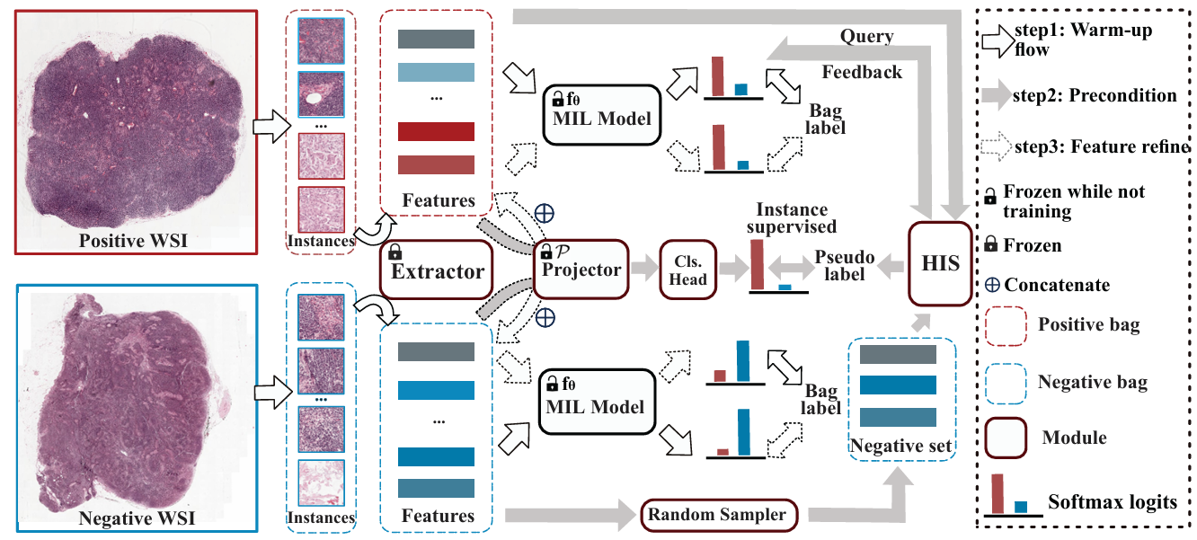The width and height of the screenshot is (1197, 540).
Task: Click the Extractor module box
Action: (438, 270)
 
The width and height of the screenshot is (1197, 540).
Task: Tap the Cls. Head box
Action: (687, 269)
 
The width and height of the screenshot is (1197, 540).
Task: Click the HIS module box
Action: (942, 263)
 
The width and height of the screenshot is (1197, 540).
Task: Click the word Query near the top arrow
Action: (866, 37)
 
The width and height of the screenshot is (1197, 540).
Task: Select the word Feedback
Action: (862, 71)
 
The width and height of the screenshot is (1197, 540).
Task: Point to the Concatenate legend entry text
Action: (1057, 285)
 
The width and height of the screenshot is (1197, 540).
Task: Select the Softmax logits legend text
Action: (1113, 501)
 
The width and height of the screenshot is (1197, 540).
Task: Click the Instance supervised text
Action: (796, 218)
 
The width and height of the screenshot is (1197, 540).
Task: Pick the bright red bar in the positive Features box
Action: (436, 131)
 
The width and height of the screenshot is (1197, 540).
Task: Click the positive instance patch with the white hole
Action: (321, 94)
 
